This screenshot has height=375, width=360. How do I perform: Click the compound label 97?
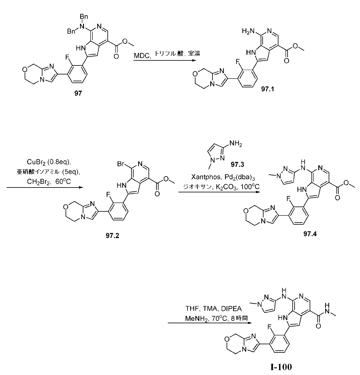point(78,93)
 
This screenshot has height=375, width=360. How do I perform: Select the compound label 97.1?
point(267,89)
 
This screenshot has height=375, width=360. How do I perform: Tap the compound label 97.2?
point(113,236)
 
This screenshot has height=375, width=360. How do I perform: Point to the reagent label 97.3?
point(237,164)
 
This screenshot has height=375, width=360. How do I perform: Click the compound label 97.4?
point(310,234)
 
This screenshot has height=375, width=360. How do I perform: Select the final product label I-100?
point(281,367)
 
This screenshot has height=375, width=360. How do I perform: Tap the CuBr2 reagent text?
point(36,162)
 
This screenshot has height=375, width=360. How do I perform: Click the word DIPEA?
point(231,309)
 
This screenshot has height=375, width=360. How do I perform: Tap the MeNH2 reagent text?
point(197,318)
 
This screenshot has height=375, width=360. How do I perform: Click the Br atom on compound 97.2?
point(121,164)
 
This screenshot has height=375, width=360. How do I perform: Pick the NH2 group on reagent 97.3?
point(235,144)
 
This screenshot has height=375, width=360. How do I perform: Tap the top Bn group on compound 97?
point(84,17)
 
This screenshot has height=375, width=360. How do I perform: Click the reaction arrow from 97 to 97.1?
point(165,61)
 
